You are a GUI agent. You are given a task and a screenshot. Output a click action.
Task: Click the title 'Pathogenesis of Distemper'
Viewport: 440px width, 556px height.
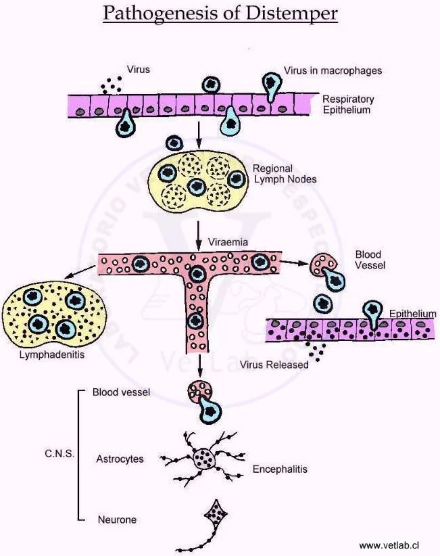220,14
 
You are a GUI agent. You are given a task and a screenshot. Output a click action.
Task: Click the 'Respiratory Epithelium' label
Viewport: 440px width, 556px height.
347,104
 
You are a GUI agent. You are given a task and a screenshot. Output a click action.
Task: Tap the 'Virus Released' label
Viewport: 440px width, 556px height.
274,364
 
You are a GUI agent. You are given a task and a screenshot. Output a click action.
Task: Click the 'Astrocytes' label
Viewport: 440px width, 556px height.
119,459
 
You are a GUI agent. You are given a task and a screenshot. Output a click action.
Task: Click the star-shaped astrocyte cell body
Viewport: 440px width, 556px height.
203,459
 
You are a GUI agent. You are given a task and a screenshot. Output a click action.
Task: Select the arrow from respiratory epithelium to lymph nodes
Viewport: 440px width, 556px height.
199,133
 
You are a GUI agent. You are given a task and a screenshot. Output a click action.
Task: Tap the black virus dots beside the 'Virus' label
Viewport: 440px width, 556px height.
109,85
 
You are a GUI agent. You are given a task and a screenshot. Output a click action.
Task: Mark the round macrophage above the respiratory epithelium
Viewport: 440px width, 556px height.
210,85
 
